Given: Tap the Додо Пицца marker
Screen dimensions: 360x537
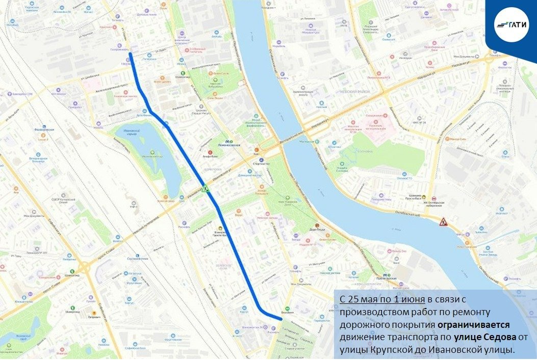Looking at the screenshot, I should [317, 227].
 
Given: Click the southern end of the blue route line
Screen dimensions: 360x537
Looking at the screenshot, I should [280, 319].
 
